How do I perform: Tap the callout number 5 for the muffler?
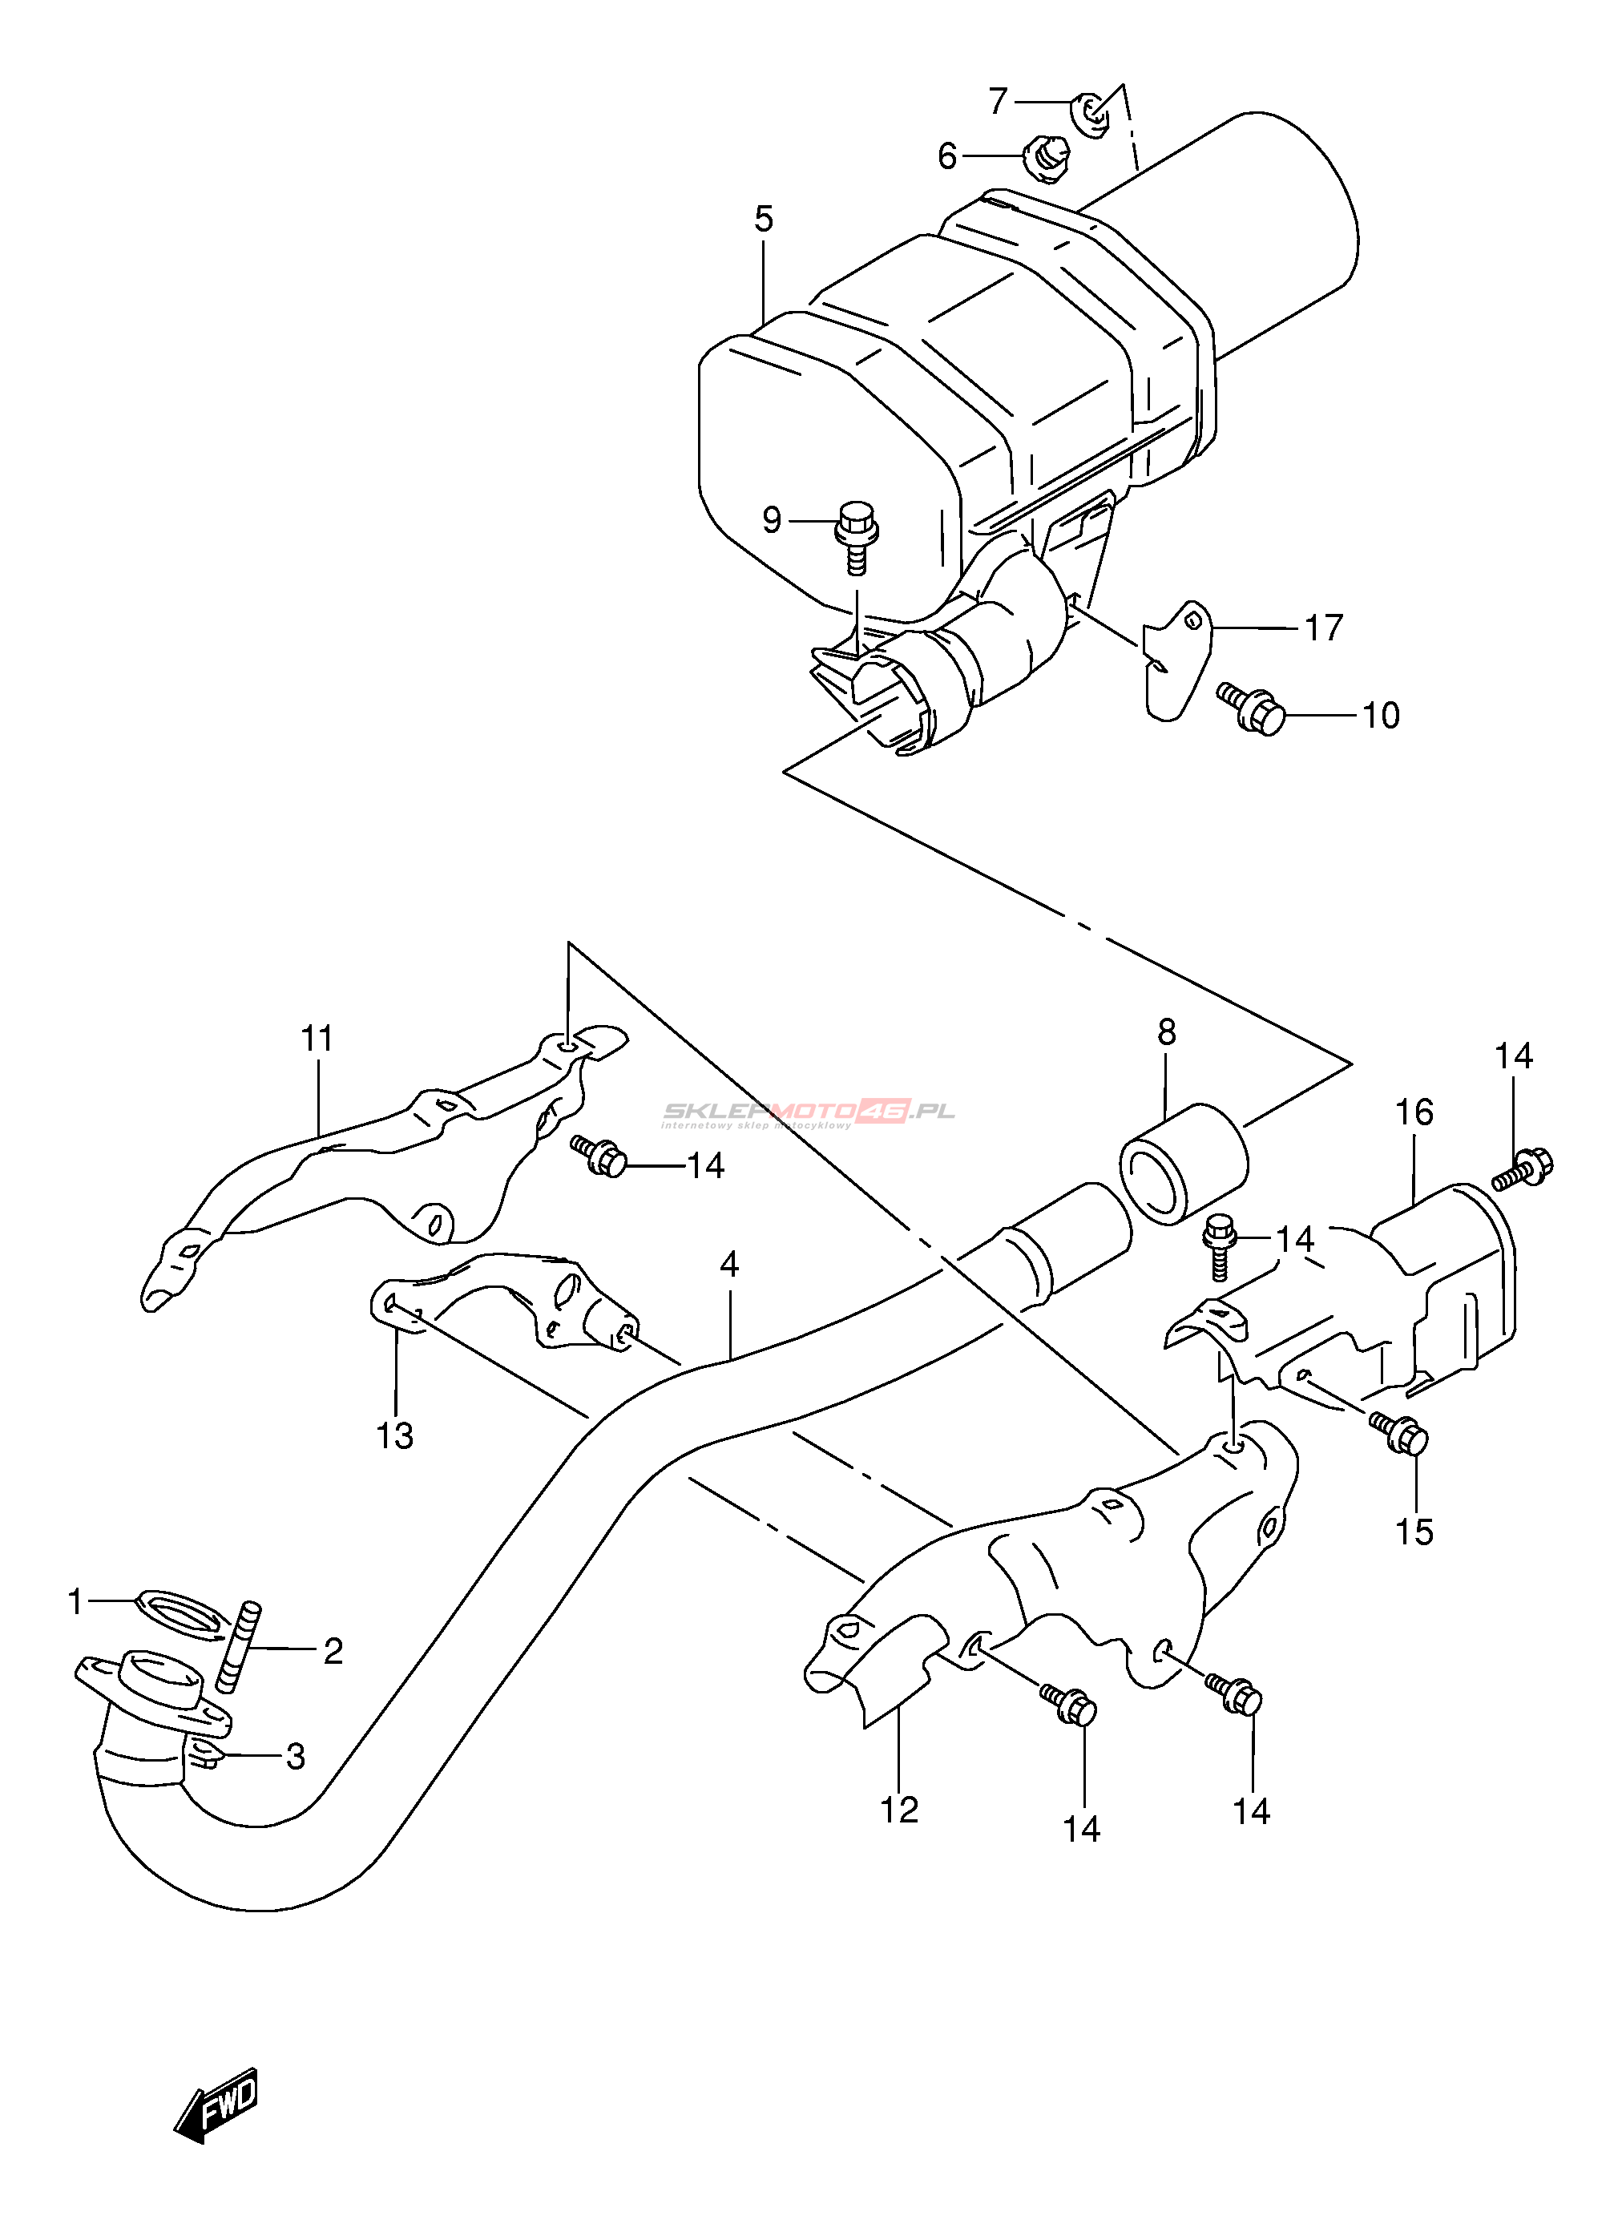point(764,219)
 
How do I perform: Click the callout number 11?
point(317,1039)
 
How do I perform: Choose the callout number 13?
point(395,1436)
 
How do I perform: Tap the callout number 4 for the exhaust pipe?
point(729,1265)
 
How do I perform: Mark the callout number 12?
point(899,1809)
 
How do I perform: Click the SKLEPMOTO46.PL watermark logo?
point(808,1112)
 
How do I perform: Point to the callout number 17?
point(1323,628)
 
